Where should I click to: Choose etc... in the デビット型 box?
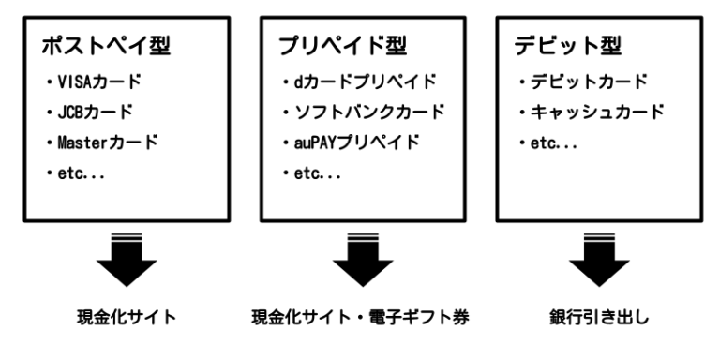[x=550, y=144]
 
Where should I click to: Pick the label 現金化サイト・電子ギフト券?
[x=360, y=319]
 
